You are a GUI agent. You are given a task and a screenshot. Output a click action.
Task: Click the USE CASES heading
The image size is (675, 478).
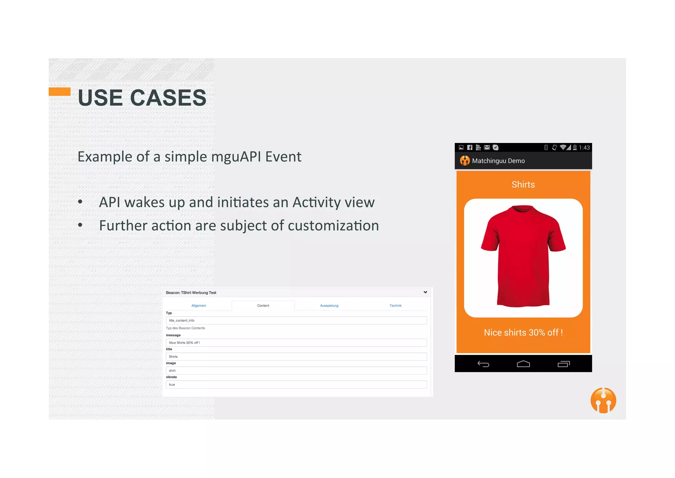(x=142, y=98)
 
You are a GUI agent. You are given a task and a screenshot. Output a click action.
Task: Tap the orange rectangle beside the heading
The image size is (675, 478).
(x=60, y=91)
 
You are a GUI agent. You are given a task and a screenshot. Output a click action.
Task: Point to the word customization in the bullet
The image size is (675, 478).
(x=333, y=226)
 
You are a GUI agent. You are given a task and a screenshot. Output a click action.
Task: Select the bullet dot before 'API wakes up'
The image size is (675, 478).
(x=80, y=202)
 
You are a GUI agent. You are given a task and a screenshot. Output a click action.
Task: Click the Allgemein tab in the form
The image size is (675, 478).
(x=199, y=306)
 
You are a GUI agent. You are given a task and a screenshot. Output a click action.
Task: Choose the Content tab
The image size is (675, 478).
(x=263, y=306)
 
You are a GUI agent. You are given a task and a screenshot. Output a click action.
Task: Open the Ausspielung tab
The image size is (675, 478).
(x=329, y=306)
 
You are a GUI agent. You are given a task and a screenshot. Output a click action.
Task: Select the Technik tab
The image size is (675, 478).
(x=396, y=306)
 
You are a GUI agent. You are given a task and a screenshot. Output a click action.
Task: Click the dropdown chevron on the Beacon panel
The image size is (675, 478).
(x=425, y=292)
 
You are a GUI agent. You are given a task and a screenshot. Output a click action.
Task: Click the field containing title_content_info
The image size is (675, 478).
(x=296, y=321)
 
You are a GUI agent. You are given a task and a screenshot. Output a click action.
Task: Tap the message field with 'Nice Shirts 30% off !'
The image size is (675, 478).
(x=296, y=343)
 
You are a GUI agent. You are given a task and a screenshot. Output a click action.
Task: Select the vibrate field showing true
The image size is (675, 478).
(x=296, y=385)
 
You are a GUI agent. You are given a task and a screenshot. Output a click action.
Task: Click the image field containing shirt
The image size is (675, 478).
(x=296, y=371)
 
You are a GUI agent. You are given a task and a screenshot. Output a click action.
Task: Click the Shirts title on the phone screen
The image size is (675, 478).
(x=523, y=185)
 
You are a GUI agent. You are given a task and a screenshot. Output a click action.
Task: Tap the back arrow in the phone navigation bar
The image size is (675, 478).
(x=483, y=364)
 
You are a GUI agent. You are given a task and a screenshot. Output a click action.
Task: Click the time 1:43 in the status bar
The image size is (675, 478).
(x=584, y=148)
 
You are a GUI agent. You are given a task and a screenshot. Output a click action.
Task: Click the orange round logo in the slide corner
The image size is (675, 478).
(x=603, y=400)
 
